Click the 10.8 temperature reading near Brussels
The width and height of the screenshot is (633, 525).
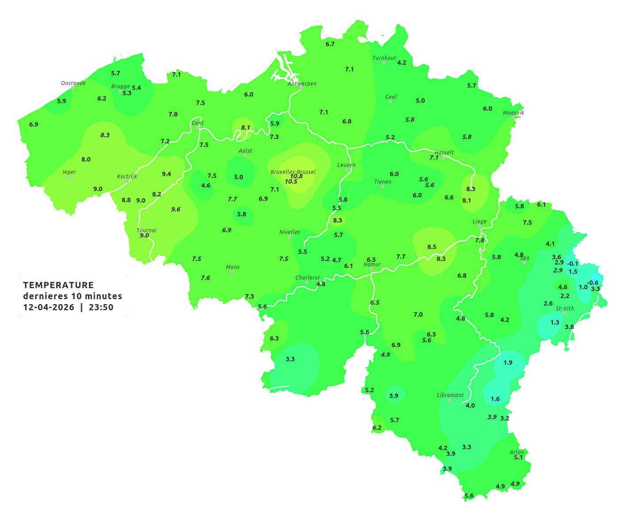coord(296,176)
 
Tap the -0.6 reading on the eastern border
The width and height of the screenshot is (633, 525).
coord(592,283)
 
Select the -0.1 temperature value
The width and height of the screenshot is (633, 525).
coord(572,264)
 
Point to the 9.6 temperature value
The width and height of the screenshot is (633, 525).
coord(176,209)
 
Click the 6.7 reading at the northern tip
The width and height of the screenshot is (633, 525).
coord(330,44)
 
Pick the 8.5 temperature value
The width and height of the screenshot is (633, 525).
coord(432,247)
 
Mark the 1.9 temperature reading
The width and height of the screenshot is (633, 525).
coord(508,362)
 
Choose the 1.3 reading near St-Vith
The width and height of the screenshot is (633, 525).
coord(555,323)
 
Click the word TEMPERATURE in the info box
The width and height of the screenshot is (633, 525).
coord(58,285)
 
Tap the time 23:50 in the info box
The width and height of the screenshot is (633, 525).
coord(101,307)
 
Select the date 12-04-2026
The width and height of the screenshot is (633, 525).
coord(48,307)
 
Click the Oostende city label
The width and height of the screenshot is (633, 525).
coord(73,83)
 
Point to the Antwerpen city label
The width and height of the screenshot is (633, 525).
coord(302,84)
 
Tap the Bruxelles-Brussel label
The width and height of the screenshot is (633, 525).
coord(293,171)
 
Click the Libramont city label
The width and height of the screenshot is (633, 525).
coord(450,395)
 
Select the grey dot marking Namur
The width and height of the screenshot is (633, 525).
coord(372,269)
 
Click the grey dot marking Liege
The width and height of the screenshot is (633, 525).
coord(480,226)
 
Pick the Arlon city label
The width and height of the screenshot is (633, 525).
coord(517,452)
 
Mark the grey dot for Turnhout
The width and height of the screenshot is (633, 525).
coord(384,63)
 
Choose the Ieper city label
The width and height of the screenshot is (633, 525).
coord(69,172)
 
